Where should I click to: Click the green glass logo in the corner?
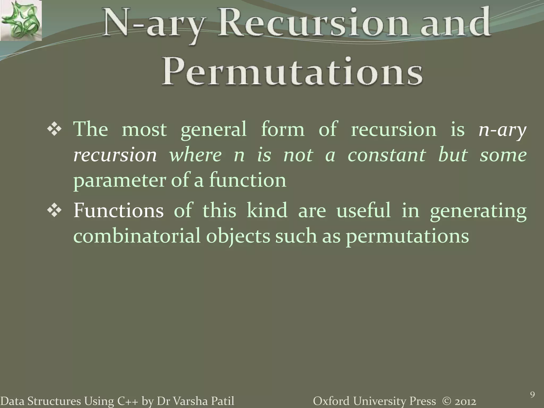(21, 20)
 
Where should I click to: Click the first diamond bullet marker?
(54, 130)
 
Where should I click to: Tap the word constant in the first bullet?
(387, 155)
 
